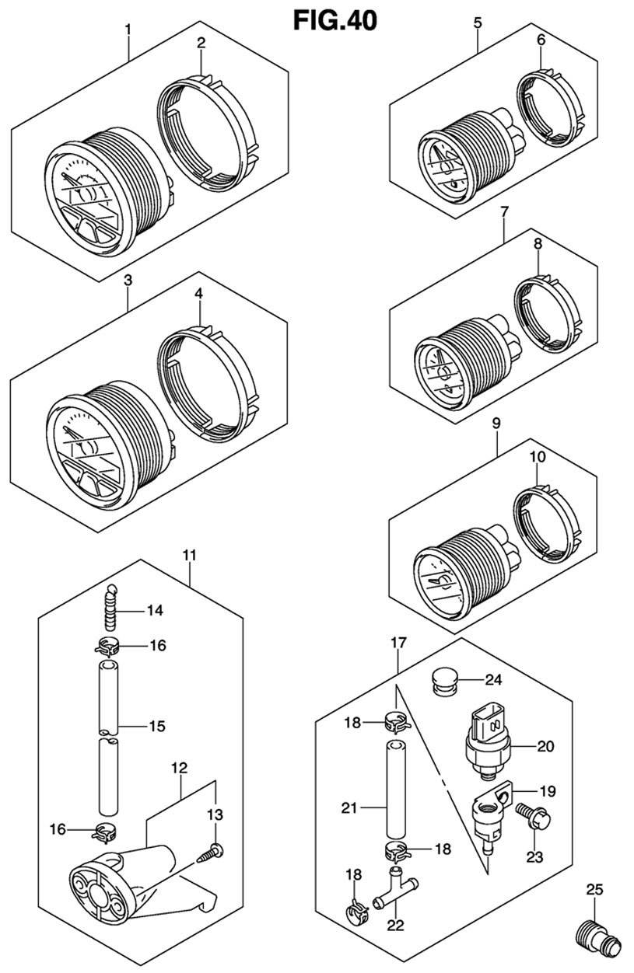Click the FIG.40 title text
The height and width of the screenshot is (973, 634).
[335, 19]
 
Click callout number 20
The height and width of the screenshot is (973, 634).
[545, 747]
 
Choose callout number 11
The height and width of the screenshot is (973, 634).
[190, 555]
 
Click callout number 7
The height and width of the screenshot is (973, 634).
[504, 211]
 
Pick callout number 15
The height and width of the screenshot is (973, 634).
[156, 727]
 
